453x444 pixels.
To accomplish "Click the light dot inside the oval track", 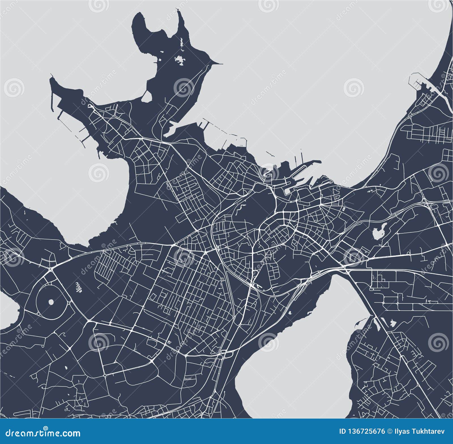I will pyautogui.click(x=51, y=302).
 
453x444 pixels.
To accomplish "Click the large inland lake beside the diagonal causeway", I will pyautogui.click(x=300, y=354).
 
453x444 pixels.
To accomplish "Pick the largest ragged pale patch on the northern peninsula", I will pyautogui.click(x=179, y=60).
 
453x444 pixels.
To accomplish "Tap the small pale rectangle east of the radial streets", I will pyautogui.click(x=344, y=209).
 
